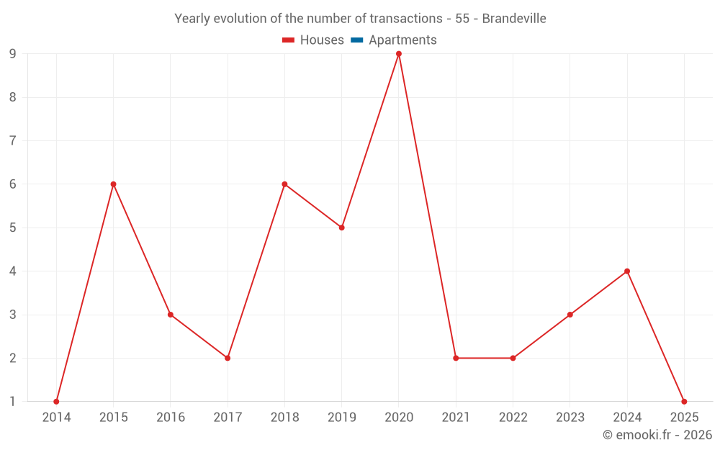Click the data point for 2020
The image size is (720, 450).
point(399,54)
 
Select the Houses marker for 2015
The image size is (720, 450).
point(113,184)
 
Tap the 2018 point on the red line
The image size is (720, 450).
point(284,184)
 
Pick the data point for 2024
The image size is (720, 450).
point(627,271)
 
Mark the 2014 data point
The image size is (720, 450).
point(56,401)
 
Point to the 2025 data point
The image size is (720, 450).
point(684,401)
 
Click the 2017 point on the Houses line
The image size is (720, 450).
point(228,358)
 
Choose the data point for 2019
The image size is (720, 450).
point(342,228)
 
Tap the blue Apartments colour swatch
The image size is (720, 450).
point(357,40)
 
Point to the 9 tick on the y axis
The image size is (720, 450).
point(13,54)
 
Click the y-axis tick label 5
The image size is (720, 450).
point(13,228)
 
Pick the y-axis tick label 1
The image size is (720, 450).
point(13,401)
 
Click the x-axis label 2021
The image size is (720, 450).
point(456,418)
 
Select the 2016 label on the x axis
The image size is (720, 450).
point(171,418)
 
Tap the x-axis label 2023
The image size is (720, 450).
point(570,418)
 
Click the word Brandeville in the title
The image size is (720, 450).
point(513,19)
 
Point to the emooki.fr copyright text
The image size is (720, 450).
point(657,435)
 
